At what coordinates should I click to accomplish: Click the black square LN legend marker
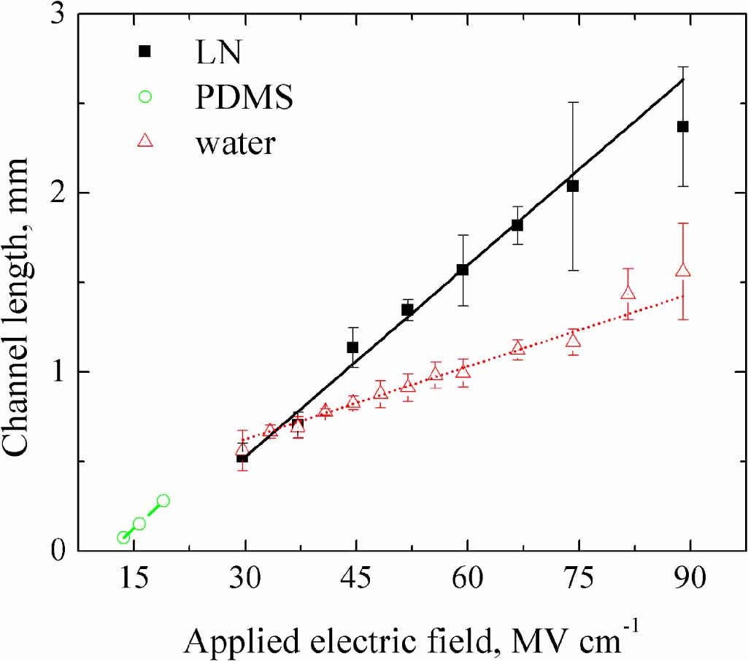tap(144, 51)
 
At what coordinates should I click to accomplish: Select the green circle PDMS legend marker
tap(144, 97)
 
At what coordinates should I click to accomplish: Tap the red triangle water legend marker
tap(144, 142)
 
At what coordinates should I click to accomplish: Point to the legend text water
tap(234, 143)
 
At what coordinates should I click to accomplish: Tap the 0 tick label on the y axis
tap(56, 551)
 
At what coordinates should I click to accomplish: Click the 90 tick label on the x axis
tap(689, 580)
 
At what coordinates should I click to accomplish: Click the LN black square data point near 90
tap(683, 126)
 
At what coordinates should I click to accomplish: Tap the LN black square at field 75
tap(573, 186)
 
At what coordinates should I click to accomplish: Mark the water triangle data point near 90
tap(683, 271)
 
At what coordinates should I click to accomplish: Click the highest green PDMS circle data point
tap(163, 500)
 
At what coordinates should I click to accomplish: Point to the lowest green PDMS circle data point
tap(123, 538)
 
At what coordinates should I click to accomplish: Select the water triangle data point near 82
tap(628, 293)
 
